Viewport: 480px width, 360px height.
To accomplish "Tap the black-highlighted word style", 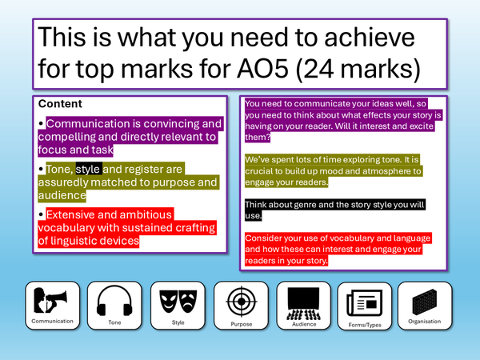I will point(88,169).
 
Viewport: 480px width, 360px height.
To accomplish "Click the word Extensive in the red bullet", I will point(78,214).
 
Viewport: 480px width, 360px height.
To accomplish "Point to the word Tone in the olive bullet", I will point(59,169).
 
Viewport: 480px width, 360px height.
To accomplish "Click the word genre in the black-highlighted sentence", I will point(303,205).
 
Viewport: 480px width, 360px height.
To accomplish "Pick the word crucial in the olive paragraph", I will point(262,171).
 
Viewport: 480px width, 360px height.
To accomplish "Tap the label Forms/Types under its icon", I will point(364,326).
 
